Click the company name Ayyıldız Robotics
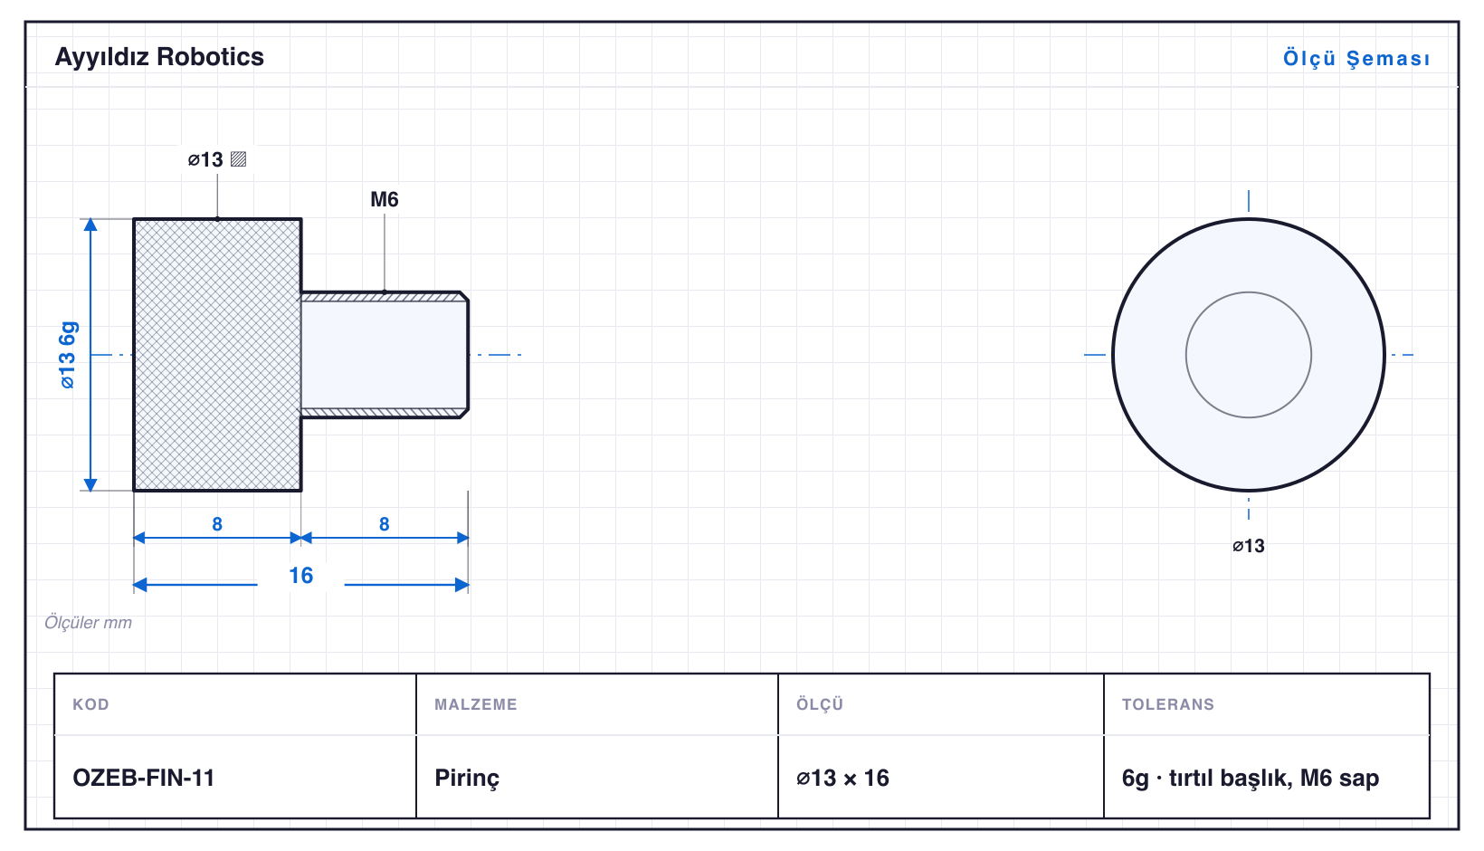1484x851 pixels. tap(159, 58)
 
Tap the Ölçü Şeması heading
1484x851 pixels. tap(1356, 58)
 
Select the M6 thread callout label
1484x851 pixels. tap(385, 199)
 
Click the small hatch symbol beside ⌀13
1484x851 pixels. tap(239, 159)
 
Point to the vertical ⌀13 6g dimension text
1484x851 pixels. tap(68, 355)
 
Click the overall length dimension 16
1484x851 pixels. tap(300, 575)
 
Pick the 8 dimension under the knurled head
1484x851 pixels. tap(217, 524)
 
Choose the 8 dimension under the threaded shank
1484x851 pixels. tap(385, 524)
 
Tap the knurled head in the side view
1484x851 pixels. tap(217, 355)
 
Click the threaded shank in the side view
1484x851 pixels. tap(385, 355)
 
